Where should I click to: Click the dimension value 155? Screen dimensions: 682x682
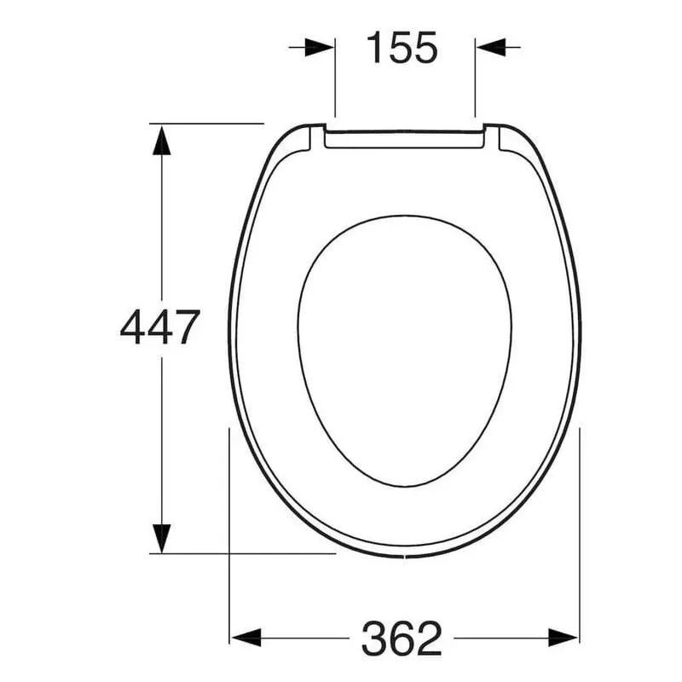click(x=402, y=48)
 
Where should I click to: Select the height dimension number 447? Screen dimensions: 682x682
click(x=160, y=327)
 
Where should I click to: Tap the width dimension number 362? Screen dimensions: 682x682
click(x=402, y=638)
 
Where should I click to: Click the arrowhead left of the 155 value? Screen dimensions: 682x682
click(x=320, y=48)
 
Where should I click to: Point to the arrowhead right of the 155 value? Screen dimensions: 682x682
click(x=490, y=48)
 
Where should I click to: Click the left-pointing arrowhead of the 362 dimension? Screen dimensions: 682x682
click(x=246, y=637)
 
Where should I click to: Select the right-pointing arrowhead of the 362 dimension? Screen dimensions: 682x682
click(x=564, y=637)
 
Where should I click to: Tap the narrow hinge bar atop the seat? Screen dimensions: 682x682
click(x=405, y=139)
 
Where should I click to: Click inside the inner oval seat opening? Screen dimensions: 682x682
click(x=405, y=350)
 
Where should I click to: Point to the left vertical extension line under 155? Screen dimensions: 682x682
click(x=335, y=85)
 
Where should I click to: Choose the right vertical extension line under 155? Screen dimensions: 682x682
click(x=475, y=85)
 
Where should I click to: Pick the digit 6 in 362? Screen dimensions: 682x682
click(x=402, y=638)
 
